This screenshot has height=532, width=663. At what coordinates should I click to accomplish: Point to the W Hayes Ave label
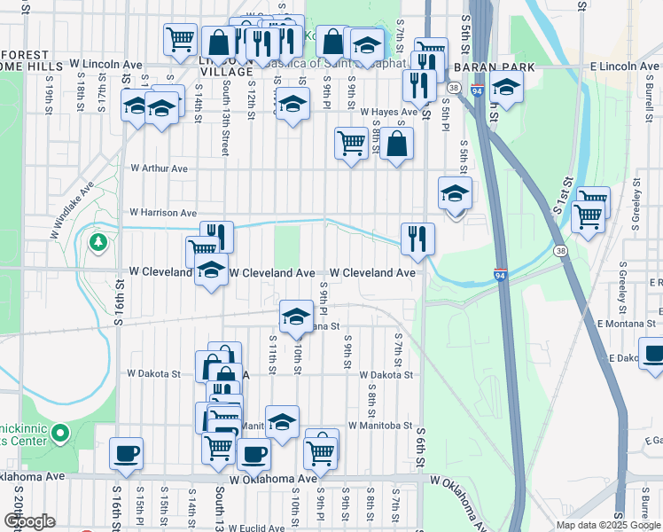tap(388, 113)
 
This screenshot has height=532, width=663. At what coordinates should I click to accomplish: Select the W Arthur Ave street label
tap(160, 168)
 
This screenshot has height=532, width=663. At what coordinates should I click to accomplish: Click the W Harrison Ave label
tap(163, 213)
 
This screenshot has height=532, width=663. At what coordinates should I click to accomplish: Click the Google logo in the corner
tap(29, 521)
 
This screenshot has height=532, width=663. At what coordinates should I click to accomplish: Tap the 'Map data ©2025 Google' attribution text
tap(608, 525)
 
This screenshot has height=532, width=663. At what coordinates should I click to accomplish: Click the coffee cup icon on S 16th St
tap(126, 453)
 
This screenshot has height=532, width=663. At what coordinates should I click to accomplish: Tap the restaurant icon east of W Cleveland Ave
tap(417, 238)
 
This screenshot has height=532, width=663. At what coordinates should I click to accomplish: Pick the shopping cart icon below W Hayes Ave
tap(351, 142)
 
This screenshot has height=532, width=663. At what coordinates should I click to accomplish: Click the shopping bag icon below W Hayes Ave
tap(397, 142)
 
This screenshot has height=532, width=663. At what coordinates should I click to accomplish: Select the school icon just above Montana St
tap(296, 315)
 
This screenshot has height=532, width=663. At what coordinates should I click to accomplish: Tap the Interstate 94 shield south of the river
tap(501, 276)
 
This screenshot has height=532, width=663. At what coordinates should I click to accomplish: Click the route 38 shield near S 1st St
tap(560, 251)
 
